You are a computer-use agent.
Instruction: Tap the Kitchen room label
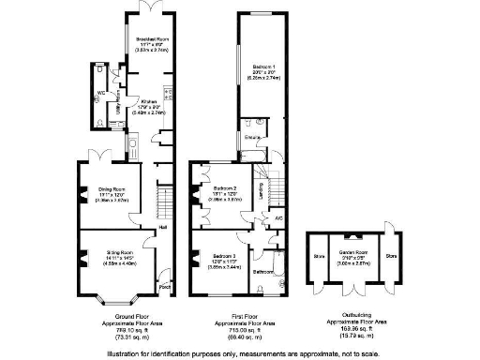click(150, 101)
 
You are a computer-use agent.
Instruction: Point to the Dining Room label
click(112, 188)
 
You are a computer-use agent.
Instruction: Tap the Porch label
click(165, 287)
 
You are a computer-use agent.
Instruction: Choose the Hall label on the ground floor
click(163, 227)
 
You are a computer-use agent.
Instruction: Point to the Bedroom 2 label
click(225, 188)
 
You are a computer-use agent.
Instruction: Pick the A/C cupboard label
click(278, 218)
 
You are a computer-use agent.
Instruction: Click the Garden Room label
click(356, 253)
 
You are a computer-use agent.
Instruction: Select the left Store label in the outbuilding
click(319, 254)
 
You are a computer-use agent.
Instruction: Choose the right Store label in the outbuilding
click(392, 254)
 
